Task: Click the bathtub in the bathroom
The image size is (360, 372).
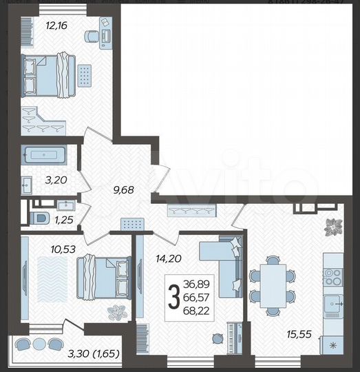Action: click(x=43, y=155)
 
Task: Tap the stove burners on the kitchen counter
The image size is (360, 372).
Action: click(x=333, y=276)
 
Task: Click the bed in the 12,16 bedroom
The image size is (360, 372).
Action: click(x=47, y=74)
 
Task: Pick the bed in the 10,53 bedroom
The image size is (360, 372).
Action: click(x=103, y=277)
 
